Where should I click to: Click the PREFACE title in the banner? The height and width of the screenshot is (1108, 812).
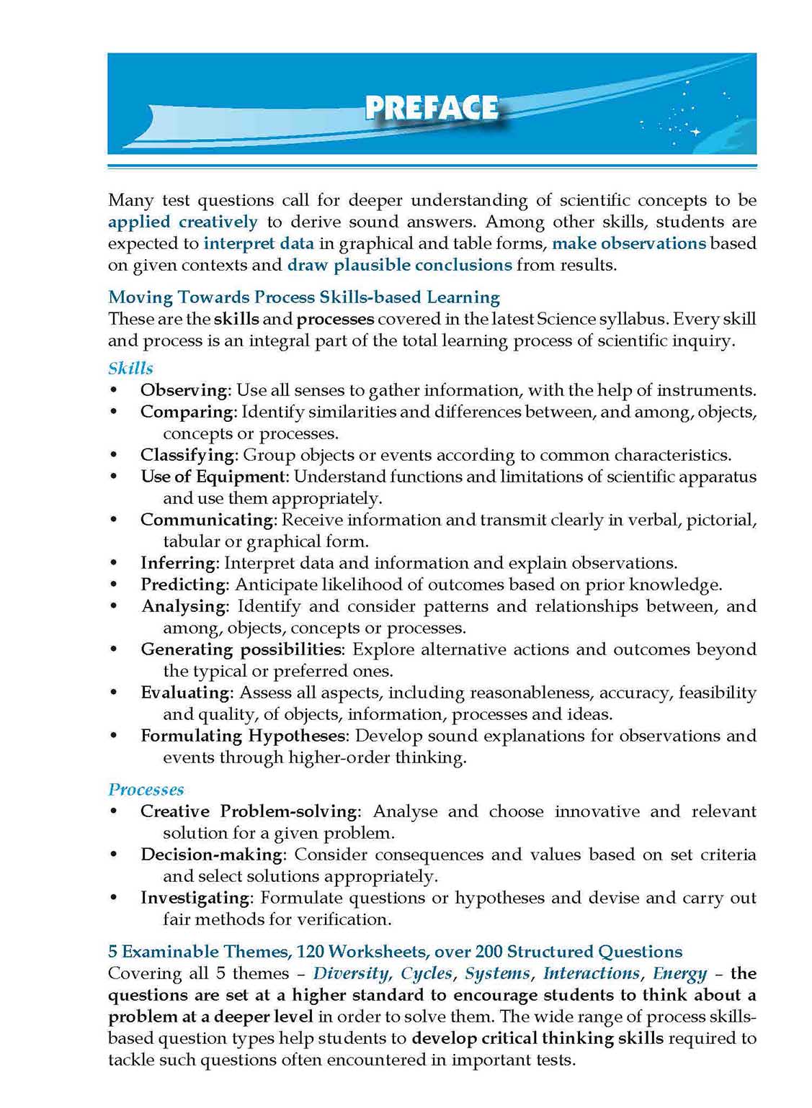click(431, 108)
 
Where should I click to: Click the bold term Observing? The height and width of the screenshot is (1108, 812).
click(184, 390)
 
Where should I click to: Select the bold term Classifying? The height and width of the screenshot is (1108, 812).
click(187, 455)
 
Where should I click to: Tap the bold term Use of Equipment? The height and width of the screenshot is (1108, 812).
click(213, 477)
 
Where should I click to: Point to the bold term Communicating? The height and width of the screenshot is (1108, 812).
click(206, 520)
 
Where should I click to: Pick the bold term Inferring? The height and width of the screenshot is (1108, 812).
click(178, 563)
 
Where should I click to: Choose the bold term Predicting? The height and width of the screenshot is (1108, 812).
click(183, 585)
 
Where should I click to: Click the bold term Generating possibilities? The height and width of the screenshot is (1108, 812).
click(241, 649)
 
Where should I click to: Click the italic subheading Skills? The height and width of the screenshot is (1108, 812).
click(130, 369)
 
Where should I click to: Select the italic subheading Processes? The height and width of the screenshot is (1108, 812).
click(146, 790)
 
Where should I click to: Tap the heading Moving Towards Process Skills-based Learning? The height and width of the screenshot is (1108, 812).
click(303, 297)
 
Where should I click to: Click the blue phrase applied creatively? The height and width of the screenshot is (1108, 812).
click(182, 222)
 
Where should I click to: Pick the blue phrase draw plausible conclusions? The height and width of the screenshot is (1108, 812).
click(399, 265)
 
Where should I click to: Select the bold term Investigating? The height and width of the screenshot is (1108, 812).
click(195, 898)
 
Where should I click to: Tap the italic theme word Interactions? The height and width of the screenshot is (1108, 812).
click(591, 973)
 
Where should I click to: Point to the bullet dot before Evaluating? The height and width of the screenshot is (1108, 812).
click(113, 693)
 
